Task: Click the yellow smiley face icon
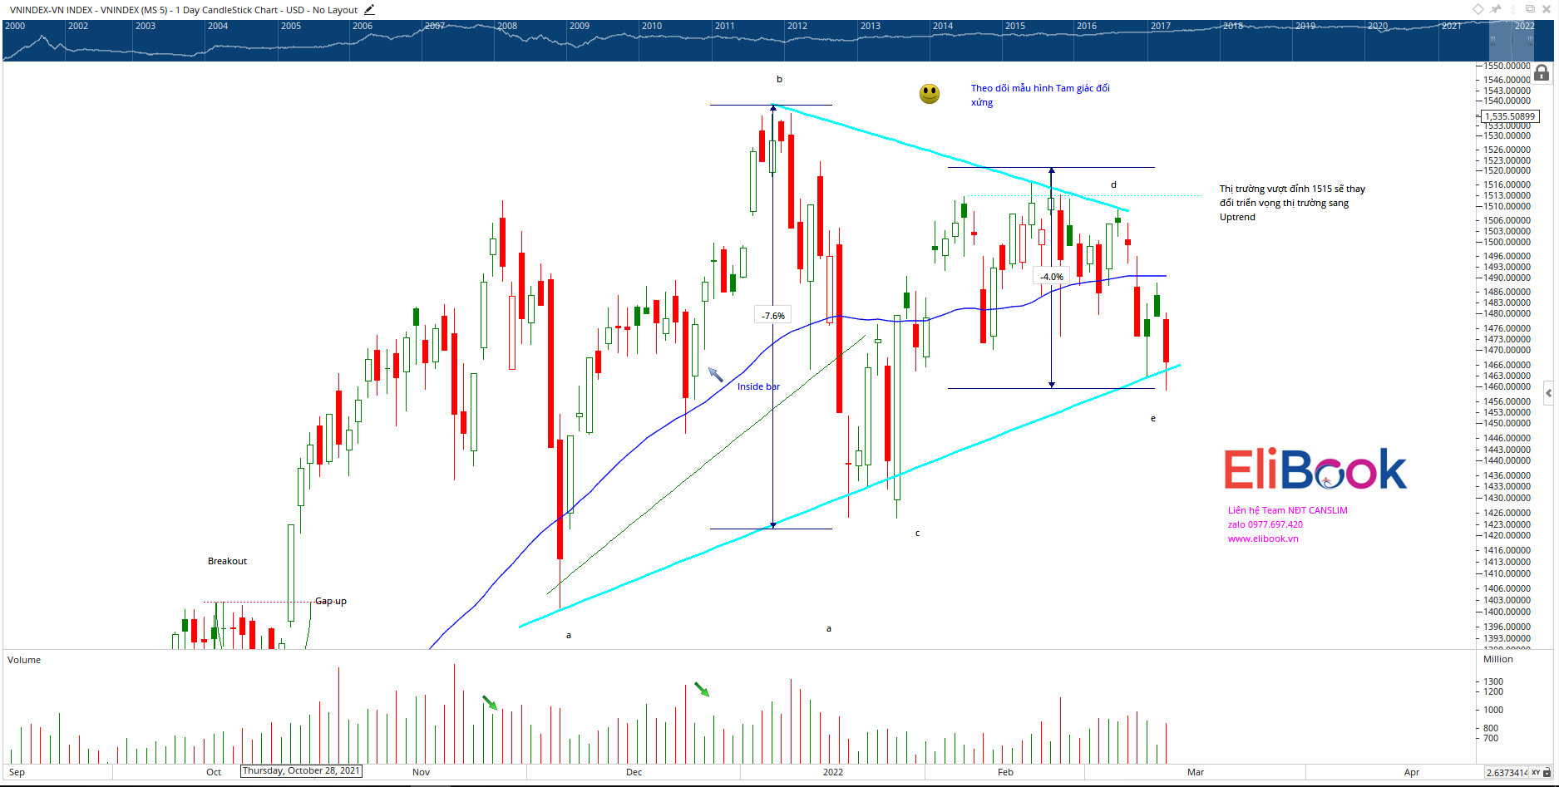point(930,94)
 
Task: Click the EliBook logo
point(1315,470)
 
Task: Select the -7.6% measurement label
point(773,316)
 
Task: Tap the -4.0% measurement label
point(1052,277)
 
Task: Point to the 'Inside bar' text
point(758,386)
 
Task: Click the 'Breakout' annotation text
point(227,561)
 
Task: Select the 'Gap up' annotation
point(330,601)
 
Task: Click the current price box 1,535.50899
point(1511,116)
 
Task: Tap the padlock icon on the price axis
point(1542,73)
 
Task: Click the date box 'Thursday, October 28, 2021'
point(301,771)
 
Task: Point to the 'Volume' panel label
point(24,660)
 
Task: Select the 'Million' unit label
point(1497,659)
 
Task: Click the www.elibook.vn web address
point(1263,539)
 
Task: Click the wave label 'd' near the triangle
point(1113,184)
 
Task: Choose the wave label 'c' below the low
point(917,534)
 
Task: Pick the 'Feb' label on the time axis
point(1005,772)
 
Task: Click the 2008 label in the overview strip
point(507,26)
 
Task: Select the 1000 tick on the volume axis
point(1493,710)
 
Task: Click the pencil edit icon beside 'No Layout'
point(369,10)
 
